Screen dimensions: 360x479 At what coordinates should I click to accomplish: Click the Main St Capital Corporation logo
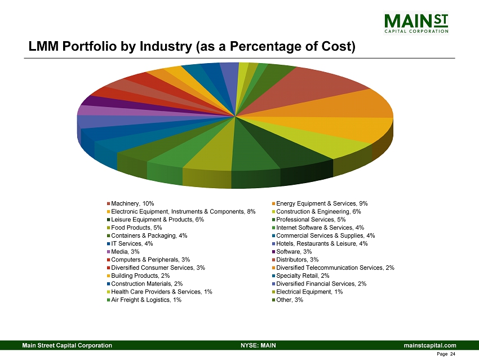tap(416, 23)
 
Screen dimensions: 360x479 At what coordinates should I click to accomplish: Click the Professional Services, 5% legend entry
tap(311, 219)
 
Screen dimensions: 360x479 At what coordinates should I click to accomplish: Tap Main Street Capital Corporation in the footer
tap(66, 345)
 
